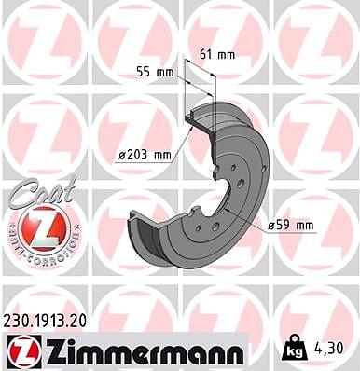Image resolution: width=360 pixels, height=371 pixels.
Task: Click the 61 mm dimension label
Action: click(x=217, y=55)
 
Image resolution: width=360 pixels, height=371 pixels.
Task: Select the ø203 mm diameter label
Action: click(x=145, y=155)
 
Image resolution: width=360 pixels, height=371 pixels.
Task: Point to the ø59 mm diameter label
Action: click(x=290, y=225)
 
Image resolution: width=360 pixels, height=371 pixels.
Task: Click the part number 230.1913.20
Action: click(x=45, y=322)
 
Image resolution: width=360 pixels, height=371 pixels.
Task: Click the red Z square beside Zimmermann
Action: click(x=24, y=350)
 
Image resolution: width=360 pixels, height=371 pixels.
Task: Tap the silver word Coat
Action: click(x=44, y=192)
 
